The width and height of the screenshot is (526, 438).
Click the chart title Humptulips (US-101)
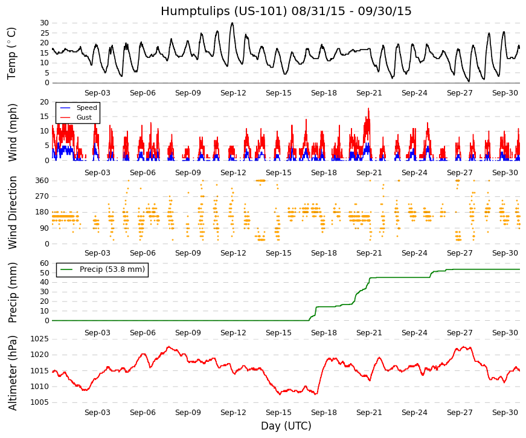pyautogui.click(x=224, y=11)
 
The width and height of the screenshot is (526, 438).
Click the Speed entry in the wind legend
pyautogui.click(x=86, y=108)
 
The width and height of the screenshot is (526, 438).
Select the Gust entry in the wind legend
pyautogui.click(x=84, y=117)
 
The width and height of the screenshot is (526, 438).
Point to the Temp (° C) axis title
pyautogui.click(x=11, y=53)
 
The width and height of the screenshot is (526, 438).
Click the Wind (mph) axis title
pyautogui.click(x=12, y=132)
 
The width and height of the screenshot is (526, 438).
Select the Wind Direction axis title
pyautogui.click(x=13, y=213)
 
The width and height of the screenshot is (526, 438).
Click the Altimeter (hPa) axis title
pyautogui.click(x=13, y=373)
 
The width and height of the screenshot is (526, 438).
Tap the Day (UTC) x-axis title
pyautogui.click(x=286, y=426)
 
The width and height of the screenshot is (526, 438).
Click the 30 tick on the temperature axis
pyautogui.click(x=45, y=23)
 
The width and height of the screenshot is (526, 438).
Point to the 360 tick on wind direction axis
pyautogui.click(x=42, y=181)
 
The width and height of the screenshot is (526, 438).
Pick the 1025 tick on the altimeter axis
pyautogui.click(x=40, y=339)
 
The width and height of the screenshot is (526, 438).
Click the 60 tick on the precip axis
pyautogui.click(x=45, y=263)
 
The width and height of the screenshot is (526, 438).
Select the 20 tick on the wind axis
pyautogui.click(x=45, y=102)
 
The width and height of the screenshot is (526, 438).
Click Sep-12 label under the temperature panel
pyautogui.click(x=233, y=93)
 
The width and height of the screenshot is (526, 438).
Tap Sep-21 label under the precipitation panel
pyautogui.click(x=369, y=333)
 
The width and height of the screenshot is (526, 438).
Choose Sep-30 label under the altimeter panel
pyautogui.click(x=505, y=413)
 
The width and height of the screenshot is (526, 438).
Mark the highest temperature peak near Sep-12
pyautogui.click(x=232, y=23)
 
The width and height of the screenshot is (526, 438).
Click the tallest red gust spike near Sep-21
pyautogui.click(x=368, y=108)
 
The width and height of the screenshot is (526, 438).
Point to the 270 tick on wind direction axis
pyautogui.click(x=42, y=196)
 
